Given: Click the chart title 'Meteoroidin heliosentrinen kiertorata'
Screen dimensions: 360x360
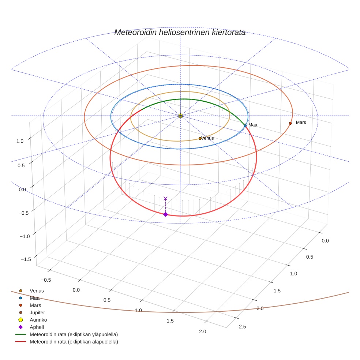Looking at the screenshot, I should pos(180,33).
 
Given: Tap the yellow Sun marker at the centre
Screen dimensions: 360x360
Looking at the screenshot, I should pos(180,116).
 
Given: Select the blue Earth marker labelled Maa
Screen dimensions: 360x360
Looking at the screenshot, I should pos(245,125).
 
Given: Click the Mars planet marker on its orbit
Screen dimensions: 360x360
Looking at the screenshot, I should pos(290,123).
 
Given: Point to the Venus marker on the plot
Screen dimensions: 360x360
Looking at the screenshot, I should pos(200,138).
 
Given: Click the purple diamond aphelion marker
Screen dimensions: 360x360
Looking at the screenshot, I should pos(165,214).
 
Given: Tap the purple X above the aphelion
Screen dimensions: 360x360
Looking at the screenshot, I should pos(165,198).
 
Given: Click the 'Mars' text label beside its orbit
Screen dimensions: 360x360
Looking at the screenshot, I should pos(301,122).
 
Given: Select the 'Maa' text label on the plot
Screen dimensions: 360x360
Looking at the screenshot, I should pos(253,125).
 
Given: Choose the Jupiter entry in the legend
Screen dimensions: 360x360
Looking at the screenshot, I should pos(37,312).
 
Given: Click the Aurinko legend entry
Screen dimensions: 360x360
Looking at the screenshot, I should pos(38,320).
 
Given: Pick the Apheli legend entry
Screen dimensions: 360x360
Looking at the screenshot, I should pos(36,327).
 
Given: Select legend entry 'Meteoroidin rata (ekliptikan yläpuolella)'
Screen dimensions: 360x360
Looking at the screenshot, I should pos(74,334).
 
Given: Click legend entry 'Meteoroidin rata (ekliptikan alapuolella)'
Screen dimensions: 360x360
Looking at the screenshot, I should pos(74,342).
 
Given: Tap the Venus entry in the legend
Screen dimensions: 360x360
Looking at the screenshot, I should pos(37,291).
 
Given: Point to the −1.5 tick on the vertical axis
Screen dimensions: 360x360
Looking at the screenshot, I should pos(25,259).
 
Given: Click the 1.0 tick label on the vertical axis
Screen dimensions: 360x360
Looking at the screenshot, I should pos(20,141).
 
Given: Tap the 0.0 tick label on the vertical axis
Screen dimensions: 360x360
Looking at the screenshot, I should pos(22,189).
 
